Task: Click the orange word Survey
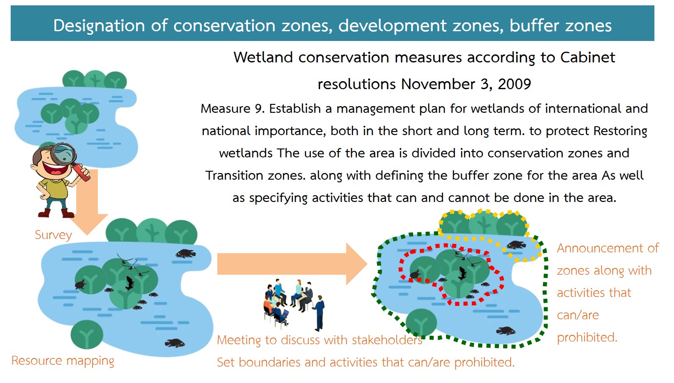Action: click(x=53, y=235)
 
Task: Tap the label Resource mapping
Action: click(x=63, y=361)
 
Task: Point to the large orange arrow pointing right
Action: click(x=292, y=264)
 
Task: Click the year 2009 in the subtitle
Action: click(x=514, y=84)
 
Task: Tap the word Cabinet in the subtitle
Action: click(x=588, y=57)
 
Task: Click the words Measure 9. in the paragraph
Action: click(x=232, y=108)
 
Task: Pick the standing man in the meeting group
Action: click(x=319, y=313)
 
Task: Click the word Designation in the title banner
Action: click(x=99, y=25)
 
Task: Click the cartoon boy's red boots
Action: click(x=56, y=213)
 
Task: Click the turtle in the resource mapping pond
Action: click(x=81, y=284)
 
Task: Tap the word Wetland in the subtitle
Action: click(x=263, y=57)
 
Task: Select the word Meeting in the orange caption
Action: click(x=239, y=340)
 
